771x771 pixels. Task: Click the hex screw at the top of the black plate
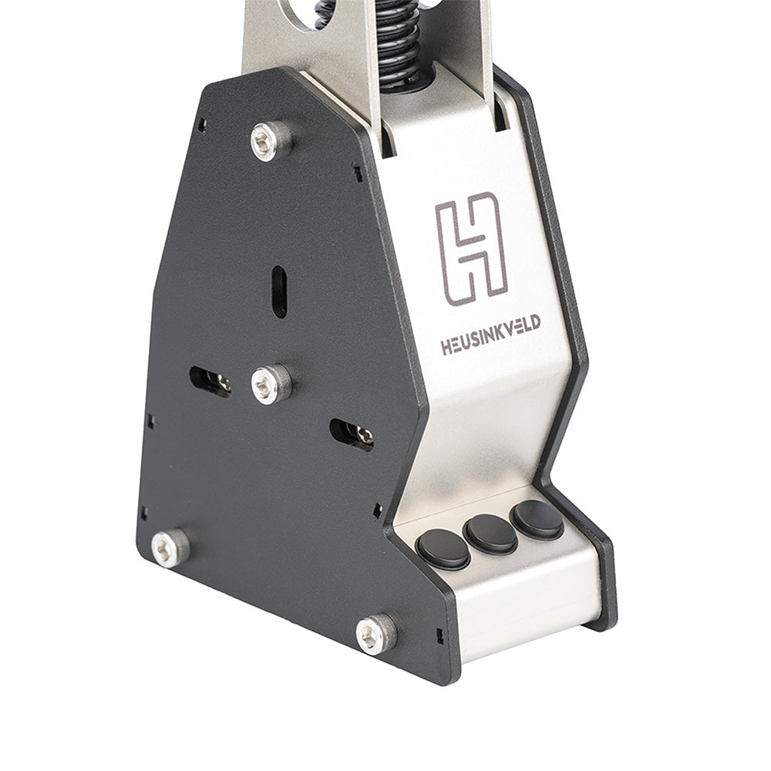point(271,140)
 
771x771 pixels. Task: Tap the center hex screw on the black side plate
point(271,383)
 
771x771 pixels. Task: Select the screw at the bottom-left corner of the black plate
point(170,547)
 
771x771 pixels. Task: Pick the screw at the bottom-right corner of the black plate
point(376,634)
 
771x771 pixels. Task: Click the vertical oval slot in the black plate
point(279,291)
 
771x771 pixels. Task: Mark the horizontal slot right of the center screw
point(352,434)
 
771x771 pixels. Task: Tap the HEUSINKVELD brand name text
point(490,335)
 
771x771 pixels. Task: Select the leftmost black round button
point(443,548)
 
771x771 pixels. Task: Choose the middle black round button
point(491,533)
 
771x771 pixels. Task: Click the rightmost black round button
point(537,519)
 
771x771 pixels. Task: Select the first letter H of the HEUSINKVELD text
point(446,348)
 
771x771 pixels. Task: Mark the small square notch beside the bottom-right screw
point(439,637)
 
